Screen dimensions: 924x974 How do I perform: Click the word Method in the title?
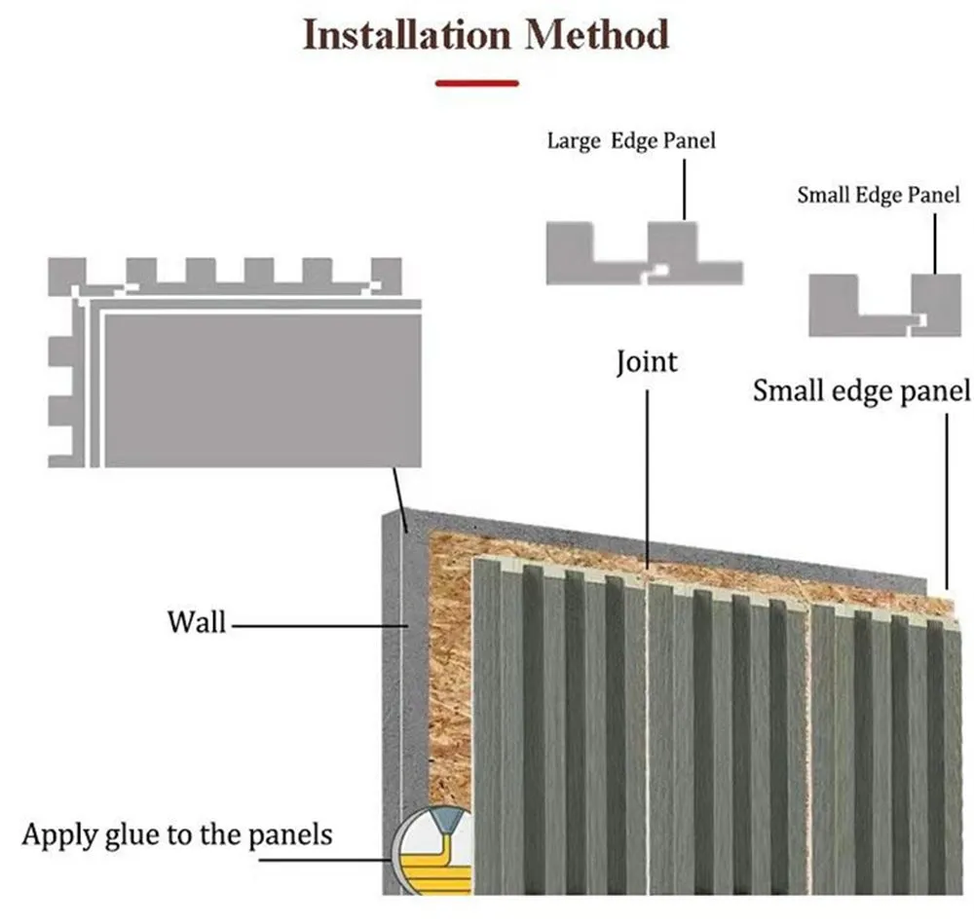[597, 35]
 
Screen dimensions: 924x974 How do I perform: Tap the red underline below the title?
[476, 84]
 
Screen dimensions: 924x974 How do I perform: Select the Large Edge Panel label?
[630, 141]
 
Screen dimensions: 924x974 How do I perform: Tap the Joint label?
[647, 362]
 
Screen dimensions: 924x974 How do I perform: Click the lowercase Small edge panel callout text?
[861, 391]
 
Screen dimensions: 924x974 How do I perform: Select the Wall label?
[196, 620]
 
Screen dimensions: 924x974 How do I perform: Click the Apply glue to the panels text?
[177, 834]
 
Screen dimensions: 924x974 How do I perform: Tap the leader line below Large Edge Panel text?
[685, 190]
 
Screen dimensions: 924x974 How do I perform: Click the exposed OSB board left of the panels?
[448, 682]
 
